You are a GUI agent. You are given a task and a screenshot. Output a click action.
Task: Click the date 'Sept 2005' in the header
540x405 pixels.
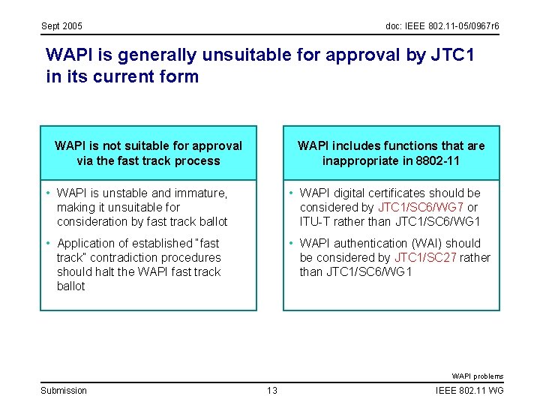point(61,27)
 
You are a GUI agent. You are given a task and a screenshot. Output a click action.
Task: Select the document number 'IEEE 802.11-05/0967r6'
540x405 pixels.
point(452,27)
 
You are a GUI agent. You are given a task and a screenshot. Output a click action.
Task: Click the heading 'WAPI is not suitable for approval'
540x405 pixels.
point(148,145)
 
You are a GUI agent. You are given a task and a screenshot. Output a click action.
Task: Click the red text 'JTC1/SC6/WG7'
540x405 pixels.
point(421,207)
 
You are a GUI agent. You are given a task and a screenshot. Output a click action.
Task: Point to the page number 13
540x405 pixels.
point(271,390)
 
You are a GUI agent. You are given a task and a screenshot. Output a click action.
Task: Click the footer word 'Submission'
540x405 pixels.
point(64,390)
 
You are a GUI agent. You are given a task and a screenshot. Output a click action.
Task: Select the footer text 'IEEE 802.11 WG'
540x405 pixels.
point(469,390)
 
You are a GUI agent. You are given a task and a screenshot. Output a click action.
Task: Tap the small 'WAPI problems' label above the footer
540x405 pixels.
point(477,376)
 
